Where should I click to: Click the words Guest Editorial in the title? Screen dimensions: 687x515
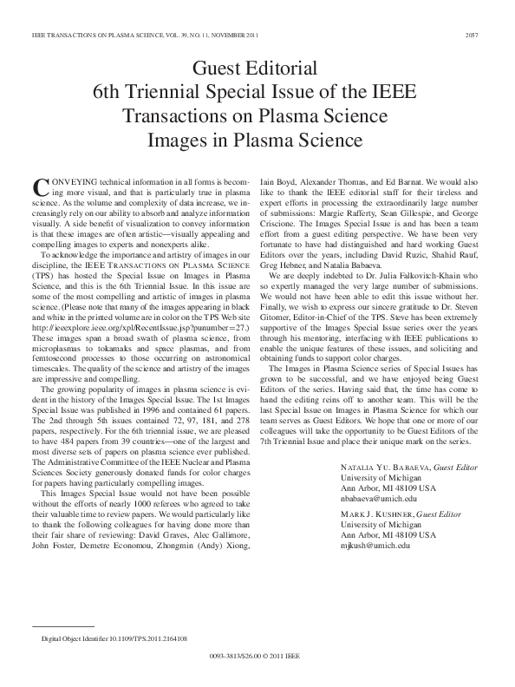[x=257, y=68]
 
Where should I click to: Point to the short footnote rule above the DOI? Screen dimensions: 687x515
[x=62, y=625]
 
